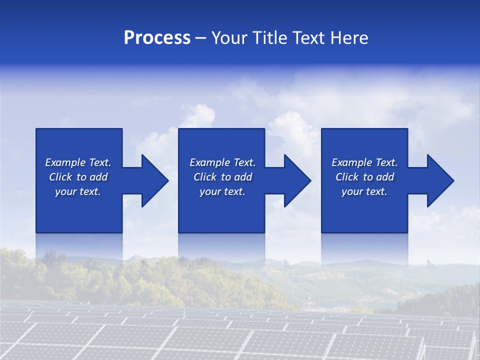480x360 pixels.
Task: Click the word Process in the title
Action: pyautogui.click(x=157, y=38)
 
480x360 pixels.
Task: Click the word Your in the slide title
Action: pyautogui.click(x=229, y=38)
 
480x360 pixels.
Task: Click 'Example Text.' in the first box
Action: pyautogui.click(x=78, y=162)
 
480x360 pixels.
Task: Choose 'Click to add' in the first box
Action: pyautogui.click(x=78, y=177)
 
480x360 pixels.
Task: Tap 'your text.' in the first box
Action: pyautogui.click(x=78, y=191)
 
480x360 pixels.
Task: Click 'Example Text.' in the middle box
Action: pyautogui.click(x=222, y=162)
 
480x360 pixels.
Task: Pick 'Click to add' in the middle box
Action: pyautogui.click(x=222, y=177)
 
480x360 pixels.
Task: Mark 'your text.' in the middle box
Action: pyautogui.click(x=222, y=191)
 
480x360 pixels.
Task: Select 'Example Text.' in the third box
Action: pyautogui.click(x=364, y=162)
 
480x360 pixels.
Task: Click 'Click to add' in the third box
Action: pyautogui.click(x=364, y=177)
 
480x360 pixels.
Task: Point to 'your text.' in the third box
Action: pyautogui.click(x=364, y=191)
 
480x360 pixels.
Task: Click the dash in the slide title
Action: pyautogui.click(x=200, y=38)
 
